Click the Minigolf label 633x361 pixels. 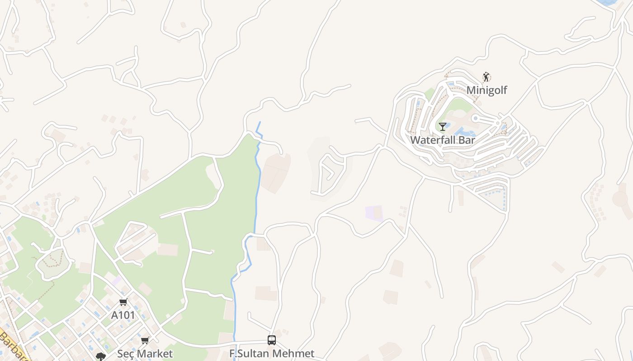487,90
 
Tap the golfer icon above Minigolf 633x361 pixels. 486,77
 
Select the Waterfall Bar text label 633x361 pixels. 442,140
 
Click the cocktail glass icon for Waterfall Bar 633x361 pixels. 443,127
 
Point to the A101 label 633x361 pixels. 123,315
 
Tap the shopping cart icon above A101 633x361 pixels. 123,302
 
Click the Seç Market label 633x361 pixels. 145,353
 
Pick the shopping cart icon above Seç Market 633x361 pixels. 145,340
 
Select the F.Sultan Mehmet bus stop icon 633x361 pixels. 272,340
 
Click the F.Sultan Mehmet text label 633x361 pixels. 272,353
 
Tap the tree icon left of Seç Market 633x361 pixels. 100,356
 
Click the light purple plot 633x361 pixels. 373,213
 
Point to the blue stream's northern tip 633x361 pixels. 260,122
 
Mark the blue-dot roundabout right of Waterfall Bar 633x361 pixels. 475,118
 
